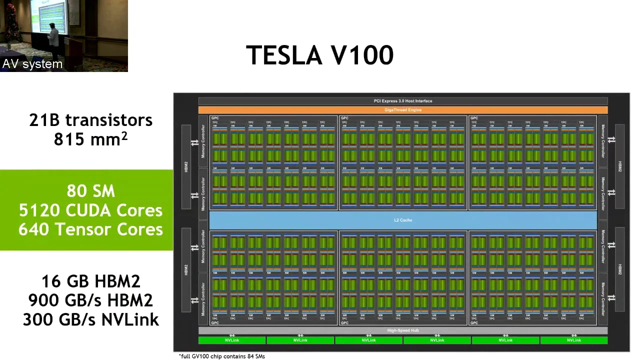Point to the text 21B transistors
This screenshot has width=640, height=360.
pyautogui.click(x=90, y=120)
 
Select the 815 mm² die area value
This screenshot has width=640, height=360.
pyautogui.click(x=90, y=139)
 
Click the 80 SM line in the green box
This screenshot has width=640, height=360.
pyautogui.click(x=90, y=191)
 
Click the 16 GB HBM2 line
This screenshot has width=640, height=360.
pyautogui.click(x=90, y=281)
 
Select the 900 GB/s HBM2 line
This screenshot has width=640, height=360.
pyautogui.click(x=90, y=300)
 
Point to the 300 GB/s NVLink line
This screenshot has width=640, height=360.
pyautogui.click(x=90, y=319)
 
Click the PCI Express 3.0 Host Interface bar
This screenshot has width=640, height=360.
pyautogui.click(x=403, y=101)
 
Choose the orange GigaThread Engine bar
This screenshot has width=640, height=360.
pyautogui.click(x=403, y=110)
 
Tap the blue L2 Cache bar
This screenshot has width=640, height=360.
pyautogui.click(x=403, y=220)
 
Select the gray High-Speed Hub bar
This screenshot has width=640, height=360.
pyautogui.click(x=403, y=330)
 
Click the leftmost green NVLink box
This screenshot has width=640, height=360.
pyautogui.click(x=232, y=340)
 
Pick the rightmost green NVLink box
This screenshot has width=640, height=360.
pyautogui.click(x=574, y=340)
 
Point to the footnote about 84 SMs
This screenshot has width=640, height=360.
pyautogui.click(x=222, y=356)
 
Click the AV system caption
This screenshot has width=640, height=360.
pyautogui.click(x=32, y=64)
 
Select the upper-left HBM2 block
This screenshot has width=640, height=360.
pyautogui.click(x=186, y=166)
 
